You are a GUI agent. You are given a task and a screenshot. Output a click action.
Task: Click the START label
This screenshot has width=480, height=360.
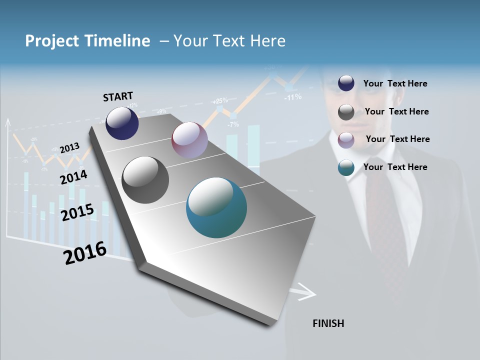click(x=118, y=96)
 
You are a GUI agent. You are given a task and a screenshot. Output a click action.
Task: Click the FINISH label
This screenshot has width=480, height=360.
click(x=328, y=323)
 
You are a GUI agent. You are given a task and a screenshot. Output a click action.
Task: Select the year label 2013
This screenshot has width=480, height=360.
click(x=69, y=148)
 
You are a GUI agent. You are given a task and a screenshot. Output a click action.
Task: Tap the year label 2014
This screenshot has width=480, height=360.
click(x=73, y=177)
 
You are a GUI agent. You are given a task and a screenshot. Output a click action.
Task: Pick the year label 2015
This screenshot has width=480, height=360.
click(x=77, y=212)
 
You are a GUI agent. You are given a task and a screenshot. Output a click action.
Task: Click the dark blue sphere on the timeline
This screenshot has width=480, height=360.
click(x=122, y=123)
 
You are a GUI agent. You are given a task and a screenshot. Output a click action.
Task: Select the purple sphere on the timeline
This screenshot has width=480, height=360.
click(x=189, y=140)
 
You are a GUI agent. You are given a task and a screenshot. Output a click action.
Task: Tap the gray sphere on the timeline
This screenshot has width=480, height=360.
click(x=145, y=180)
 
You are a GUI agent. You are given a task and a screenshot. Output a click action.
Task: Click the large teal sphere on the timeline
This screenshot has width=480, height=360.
click(x=216, y=207)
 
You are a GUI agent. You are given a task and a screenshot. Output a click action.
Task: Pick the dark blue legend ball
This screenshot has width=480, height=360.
click(x=346, y=83)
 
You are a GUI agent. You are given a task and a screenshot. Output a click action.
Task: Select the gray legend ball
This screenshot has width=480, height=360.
click(x=346, y=112)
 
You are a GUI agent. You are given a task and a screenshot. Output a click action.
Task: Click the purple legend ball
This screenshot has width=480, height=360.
click(x=346, y=139)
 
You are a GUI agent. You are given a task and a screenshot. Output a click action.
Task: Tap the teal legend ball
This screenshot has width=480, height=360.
click(x=346, y=167)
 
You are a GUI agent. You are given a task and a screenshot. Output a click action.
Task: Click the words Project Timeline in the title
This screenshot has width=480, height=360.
click(x=87, y=41)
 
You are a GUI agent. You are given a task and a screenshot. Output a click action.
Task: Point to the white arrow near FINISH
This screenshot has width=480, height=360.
click(x=304, y=292)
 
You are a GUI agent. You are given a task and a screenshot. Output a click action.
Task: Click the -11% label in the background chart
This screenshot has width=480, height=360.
click(x=292, y=97)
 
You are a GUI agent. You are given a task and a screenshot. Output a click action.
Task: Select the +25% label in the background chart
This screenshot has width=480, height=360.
click(x=219, y=100)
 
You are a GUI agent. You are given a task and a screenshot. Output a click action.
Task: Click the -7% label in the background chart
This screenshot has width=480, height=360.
click(x=233, y=124)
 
